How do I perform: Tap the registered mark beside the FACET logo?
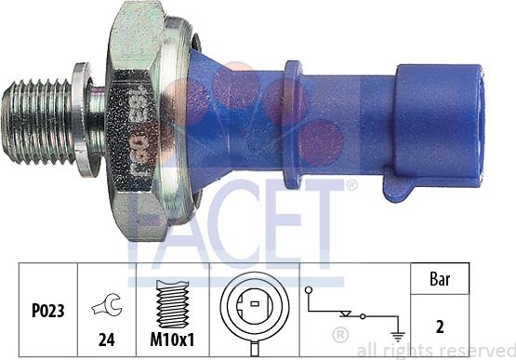coord(351,185)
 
